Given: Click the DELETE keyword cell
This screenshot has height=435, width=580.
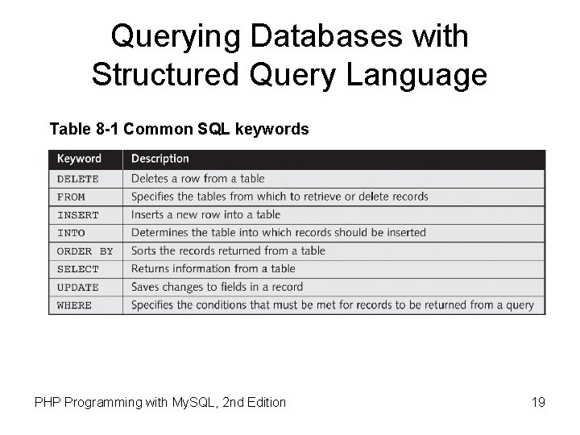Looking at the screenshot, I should pyautogui.click(x=78, y=179).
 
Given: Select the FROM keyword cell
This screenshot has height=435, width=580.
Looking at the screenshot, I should pyautogui.click(x=72, y=197).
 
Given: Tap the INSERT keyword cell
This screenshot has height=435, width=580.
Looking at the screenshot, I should pyautogui.click(x=78, y=215).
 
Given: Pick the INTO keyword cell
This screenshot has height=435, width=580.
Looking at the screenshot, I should pyautogui.click(x=72, y=233).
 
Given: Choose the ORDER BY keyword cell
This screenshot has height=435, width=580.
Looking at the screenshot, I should pyautogui.click(x=85, y=251).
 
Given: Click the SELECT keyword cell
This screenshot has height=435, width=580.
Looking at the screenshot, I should pyautogui.click(x=78, y=269).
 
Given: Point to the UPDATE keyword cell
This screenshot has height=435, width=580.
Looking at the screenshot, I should pyautogui.click(x=78, y=288).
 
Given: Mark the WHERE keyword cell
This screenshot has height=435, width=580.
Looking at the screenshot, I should pyautogui.click(x=75, y=305).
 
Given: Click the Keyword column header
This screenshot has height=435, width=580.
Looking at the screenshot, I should pyautogui.click(x=79, y=159).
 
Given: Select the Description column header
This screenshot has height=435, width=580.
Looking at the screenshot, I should pyautogui.click(x=160, y=159).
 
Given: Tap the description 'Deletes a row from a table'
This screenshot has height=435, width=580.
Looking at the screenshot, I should pyautogui.click(x=197, y=179).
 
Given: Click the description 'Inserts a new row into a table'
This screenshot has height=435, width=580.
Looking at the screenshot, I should pyautogui.click(x=205, y=215).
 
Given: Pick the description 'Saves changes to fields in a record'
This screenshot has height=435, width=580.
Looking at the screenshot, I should pyautogui.click(x=217, y=288).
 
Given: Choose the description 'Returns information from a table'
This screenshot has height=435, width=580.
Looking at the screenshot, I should pyautogui.click(x=213, y=269).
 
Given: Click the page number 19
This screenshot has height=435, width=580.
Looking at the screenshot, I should pyautogui.click(x=538, y=401).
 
